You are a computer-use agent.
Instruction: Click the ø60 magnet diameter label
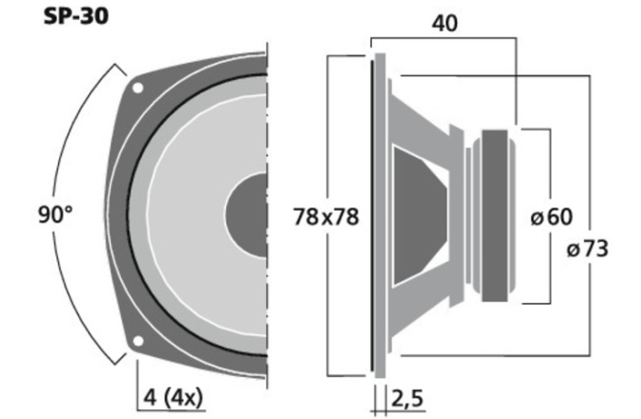coord(550,217)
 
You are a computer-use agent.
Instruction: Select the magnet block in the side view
coord(495,216)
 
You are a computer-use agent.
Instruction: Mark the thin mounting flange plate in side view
coord(380,215)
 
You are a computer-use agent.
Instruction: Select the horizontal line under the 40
coord(444,39)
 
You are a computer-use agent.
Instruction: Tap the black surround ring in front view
coord(124,215)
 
